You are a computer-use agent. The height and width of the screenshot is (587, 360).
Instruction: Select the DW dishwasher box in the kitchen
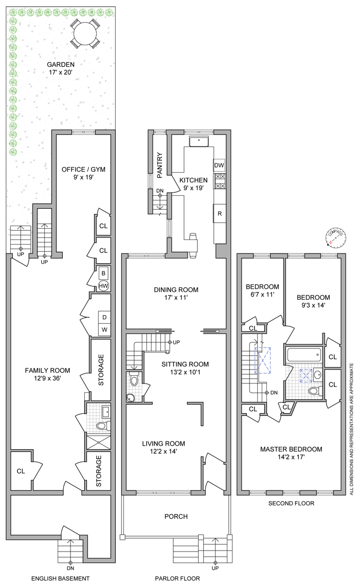219,166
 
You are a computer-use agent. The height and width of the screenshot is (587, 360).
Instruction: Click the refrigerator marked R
220,213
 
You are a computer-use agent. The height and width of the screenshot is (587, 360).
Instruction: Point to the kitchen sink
198,141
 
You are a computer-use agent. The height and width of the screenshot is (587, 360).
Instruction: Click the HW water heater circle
103,286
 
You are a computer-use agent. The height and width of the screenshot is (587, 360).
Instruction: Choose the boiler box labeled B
103,273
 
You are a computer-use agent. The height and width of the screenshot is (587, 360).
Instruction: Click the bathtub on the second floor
303,355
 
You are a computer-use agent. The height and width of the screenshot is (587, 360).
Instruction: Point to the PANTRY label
160,165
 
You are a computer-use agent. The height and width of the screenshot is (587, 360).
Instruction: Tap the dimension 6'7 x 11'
262,295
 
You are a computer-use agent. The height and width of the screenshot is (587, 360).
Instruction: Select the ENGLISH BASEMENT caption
61,579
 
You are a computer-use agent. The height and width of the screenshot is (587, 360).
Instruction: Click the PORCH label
176,516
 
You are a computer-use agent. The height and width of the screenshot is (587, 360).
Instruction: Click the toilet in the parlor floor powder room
134,380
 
